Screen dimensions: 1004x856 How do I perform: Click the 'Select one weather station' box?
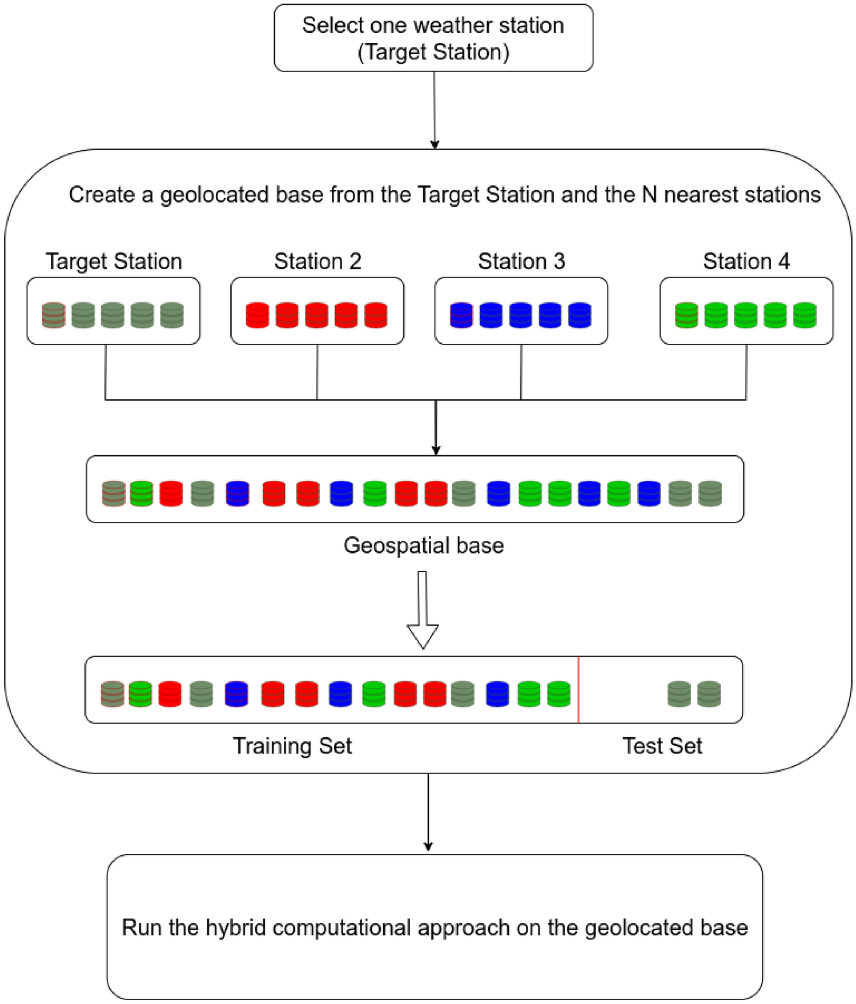pos(433,38)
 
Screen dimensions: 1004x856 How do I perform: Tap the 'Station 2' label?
pos(318,261)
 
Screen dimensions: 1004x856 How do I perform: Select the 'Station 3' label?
pos(521,261)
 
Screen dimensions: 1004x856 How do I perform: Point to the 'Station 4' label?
pos(746,261)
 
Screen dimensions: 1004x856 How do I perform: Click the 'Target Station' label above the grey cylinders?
pos(114,261)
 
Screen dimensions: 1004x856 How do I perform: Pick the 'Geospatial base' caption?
pos(423,545)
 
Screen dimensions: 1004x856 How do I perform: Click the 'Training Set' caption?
pos(292,746)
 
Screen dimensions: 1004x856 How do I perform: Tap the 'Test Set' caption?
pos(662,746)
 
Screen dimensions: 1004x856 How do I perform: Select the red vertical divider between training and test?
pos(578,690)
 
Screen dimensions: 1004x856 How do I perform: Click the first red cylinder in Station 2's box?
pos(258,315)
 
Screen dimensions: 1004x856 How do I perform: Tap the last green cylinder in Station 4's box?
pos(805,315)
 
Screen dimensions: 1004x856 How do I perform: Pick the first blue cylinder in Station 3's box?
pos(461,315)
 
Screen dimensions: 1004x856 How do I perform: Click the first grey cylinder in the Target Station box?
pos(54,315)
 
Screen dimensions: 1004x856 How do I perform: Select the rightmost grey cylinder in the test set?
pos(709,694)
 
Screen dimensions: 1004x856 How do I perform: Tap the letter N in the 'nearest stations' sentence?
pos(649,195)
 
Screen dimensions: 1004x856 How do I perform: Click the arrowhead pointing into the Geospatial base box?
pos(436,450)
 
